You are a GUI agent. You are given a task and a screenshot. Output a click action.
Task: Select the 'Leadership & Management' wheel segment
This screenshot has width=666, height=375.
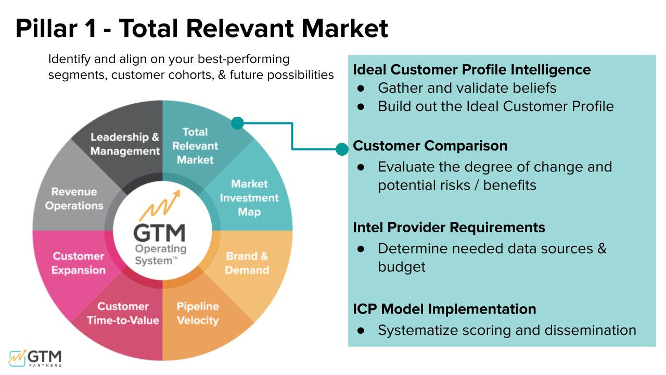[x=125, y=144]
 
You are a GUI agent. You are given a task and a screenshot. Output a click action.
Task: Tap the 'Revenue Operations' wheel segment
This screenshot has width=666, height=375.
[x=74, y=198]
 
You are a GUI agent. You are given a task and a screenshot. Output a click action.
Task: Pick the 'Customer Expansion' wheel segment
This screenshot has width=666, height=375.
[x=79, y=263]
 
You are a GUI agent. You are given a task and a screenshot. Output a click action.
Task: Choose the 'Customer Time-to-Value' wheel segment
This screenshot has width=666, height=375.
[x=123, y=313]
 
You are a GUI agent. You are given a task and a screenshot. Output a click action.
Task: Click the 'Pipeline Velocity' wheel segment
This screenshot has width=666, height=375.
[x=197, y=313]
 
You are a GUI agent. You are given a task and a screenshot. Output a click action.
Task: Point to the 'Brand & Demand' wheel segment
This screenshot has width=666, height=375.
[x=247, y=263]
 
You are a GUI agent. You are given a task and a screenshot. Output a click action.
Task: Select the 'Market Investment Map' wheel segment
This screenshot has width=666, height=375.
[x=249, y=197]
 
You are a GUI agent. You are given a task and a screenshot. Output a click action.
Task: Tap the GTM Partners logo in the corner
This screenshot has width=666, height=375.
[x=35, y=358]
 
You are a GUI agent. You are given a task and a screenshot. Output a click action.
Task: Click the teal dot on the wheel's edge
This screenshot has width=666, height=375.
[x=237, y=123]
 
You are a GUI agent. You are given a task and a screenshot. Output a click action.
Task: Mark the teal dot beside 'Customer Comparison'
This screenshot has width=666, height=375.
[x=342, y=149]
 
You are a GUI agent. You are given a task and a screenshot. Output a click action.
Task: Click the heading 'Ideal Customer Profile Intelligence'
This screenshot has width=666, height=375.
[x=471, y=70]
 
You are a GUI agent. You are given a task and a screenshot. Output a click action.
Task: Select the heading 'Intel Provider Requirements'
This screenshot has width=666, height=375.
[x=449, y=228]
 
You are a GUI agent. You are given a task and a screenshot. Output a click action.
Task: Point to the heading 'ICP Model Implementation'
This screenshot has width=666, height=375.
[x=444, y=309]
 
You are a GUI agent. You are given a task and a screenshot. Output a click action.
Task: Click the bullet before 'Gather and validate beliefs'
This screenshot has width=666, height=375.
[x=360, y=88]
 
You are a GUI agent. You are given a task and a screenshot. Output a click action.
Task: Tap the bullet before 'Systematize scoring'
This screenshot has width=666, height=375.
[x=360, y=330]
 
